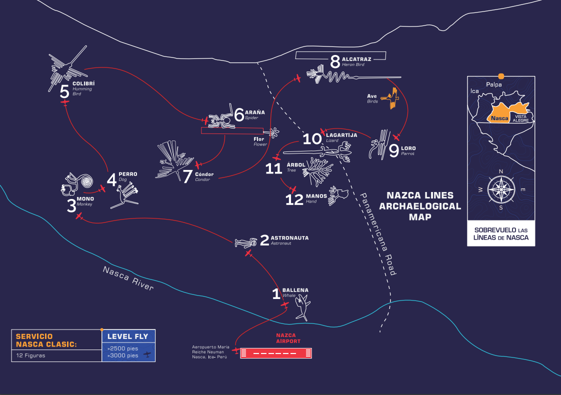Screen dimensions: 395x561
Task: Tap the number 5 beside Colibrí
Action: point(64,91)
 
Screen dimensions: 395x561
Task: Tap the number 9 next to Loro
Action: point(394,151)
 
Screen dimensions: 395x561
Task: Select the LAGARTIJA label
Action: point(341,135)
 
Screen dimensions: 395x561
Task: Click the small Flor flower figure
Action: point(274,132)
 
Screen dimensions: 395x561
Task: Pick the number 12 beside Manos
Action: point(294,199)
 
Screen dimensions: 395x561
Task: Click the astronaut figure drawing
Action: point(245,243)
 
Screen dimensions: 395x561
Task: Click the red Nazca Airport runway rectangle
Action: point(276,353)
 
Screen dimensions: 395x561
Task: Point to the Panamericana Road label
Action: point(379,234)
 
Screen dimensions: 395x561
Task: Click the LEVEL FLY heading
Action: point(128,336)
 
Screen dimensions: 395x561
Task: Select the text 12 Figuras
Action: point(30,355)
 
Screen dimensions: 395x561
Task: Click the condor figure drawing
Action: point(172,160)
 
